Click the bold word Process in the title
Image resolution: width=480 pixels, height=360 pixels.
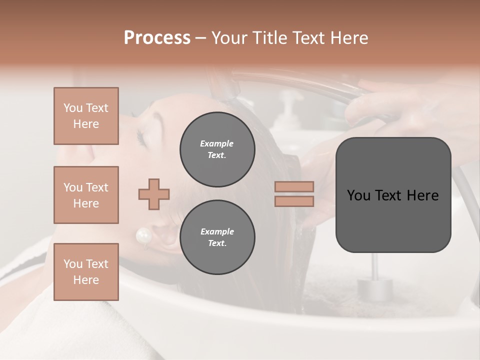157,37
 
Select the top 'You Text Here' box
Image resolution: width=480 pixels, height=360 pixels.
86,116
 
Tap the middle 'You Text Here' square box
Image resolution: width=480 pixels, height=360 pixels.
86,195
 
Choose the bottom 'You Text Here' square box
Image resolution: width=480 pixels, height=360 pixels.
86,271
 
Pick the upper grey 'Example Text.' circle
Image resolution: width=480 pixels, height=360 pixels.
217,149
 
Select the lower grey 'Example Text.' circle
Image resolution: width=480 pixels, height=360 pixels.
217,237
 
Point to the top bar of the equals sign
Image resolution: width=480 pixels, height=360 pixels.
294,186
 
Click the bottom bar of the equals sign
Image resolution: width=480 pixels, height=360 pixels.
294,201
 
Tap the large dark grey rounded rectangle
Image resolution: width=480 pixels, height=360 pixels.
393,195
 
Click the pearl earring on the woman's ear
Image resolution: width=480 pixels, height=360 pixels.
144,235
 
